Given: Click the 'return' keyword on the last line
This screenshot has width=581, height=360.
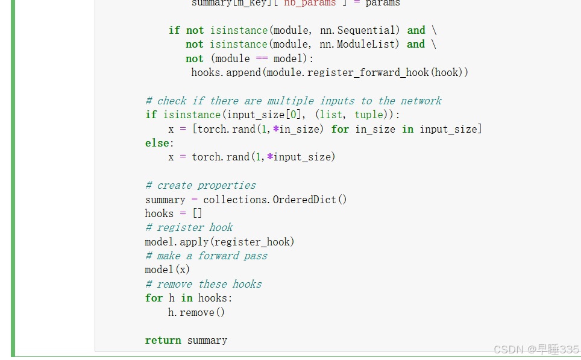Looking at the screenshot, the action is [x=163, y=340].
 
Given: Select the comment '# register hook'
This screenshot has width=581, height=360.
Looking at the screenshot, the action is [x=189, y=227].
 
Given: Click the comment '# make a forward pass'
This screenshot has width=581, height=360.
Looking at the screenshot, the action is [x=206, y=256].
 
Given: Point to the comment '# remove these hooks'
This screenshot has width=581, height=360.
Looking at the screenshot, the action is [x=203, y=284].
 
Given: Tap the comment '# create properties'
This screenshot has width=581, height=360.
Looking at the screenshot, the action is [x=200, y=185].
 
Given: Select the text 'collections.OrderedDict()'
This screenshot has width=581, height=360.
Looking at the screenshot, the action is [x=275, y=200].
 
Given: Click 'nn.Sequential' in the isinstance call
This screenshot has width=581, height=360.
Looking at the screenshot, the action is [x=359, y=30].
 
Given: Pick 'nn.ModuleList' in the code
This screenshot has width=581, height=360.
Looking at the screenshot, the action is [x=359, y=44].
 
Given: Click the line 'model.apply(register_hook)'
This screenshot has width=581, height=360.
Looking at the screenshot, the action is [x=219, y=242].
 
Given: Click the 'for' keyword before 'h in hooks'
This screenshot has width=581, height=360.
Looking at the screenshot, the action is [x=154, y=298].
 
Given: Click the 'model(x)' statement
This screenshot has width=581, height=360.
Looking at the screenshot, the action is [x=167, y=270].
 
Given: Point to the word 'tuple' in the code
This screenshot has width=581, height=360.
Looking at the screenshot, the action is [x=368, y=115].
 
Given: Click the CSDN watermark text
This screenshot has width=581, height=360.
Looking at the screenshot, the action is [x=535, y=350].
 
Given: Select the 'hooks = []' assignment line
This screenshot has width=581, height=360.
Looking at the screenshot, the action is [x=173, y=213].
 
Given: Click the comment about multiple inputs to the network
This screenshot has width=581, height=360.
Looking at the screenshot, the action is [x=293, y=101].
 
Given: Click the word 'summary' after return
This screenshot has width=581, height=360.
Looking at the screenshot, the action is [x=207, y=340].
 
